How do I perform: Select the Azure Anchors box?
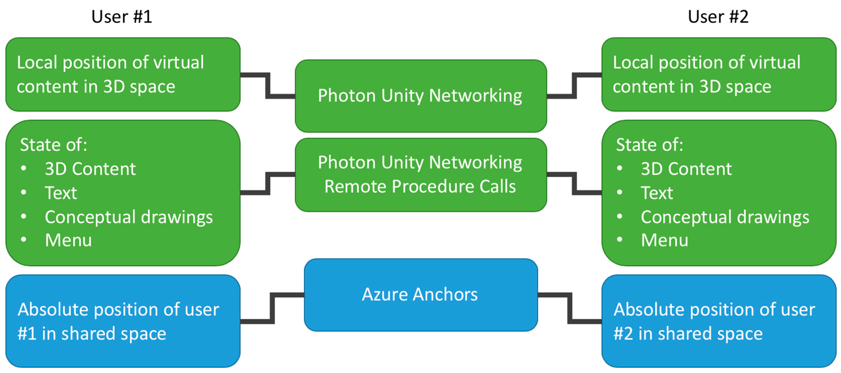(421, 295)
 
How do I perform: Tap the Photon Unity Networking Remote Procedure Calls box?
(421, 175)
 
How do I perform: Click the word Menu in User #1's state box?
(68, 240)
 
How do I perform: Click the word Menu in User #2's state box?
(664, 240)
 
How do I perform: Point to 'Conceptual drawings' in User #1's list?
(129, 217)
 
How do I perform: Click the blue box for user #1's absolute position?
(123, 321)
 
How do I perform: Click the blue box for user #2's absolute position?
(719, 321)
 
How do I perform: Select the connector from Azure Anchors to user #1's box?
(272, 308)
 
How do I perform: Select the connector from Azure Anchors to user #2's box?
(570, 308)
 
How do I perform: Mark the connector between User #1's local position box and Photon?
(268, 86)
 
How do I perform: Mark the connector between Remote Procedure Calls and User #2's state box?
(574, 183)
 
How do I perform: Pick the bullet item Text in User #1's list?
(61, 193)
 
